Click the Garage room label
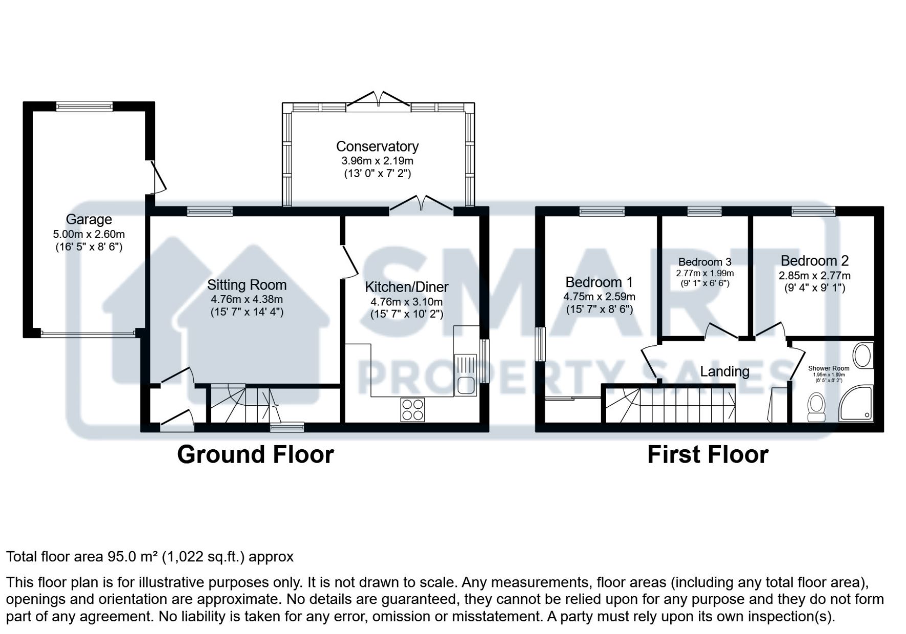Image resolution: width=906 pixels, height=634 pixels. pyautogui.click(x=89, y=220)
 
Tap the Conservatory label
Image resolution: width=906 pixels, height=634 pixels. pyautogui.click(x=377, y=146)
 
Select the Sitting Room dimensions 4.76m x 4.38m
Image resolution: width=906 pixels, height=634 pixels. pyautogui.click(x=247, y=299)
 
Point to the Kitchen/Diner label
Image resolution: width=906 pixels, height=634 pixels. pyautogui.click(x=407, y=287)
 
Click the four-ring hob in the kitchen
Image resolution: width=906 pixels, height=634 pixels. pyautogui.click(x=413, y=409)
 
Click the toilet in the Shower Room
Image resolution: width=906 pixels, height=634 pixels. pyautogui.click(x=816, y=407)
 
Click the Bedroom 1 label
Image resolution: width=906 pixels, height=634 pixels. pyautogui.click(x=599, y=282)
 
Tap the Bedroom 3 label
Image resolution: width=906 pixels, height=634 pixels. pyautogui.click(x=704, y=262)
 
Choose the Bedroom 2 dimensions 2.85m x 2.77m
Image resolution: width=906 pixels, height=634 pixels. pyautogui.click(x=814, y=275)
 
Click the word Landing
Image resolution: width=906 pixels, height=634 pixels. pyautogui.click(x=724, y=371)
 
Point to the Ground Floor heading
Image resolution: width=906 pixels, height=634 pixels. pyautogui.click(x=255, y=454)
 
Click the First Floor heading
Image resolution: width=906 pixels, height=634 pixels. pyautogui.click(x=708, y=454)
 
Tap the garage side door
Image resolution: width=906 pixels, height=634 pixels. pyautogui.click(x=158, y=177)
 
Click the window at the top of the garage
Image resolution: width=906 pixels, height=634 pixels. pyautogui.click(x=84, y=106)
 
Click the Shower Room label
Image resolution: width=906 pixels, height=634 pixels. pyautogui.click(x=829, y=368)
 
